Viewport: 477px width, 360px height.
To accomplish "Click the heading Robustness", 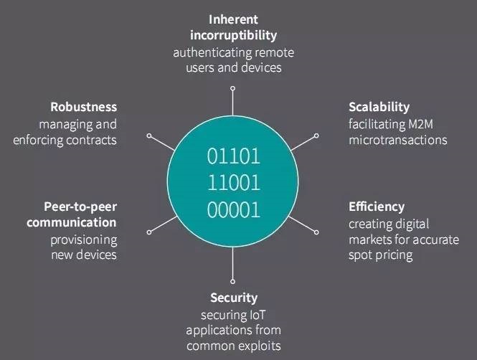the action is pyautogui.click(x=84, y=107).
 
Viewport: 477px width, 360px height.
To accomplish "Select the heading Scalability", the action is pyautogui.click(x=379, y=108).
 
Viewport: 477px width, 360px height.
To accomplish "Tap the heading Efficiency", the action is pyautogui.click(x=377, y=207).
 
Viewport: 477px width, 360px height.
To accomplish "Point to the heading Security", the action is pyautogui.click(x=234, y=298).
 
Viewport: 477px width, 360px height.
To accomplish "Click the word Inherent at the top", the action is pyautogui.click(x=233, y=20).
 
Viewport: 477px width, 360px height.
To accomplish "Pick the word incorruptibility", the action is pyautogui.click(x=233, y=36).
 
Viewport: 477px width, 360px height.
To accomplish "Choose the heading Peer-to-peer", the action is pyautogui.click(x=80, y=207).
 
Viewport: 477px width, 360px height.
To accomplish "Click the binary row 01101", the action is pyautogui.click(x=234, y=156).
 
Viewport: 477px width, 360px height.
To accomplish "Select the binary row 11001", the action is pyautogui.click(x=234, y=183).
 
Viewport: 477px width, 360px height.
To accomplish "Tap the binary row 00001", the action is pyautogui.click(x=234, y=210).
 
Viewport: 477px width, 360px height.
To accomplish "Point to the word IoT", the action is pyautogui.click(x=258, y=315).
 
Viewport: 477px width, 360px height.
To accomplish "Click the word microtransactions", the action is pyautogui.click(x=398, y=140).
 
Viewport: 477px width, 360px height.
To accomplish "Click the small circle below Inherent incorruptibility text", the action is pyautogui.click(x=232, y=88).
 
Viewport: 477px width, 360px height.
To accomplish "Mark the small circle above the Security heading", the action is pyautogui.click(x=232, y=282).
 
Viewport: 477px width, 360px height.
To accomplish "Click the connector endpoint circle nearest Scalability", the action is pyautogui.click(x=316, y=136).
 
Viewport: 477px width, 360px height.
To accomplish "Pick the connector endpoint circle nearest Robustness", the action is pyautogui.click(x=149, y=136).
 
